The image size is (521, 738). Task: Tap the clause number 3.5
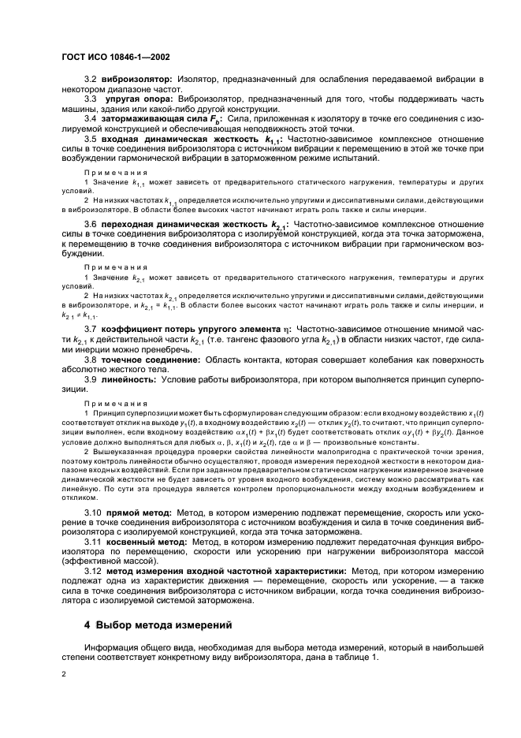[x=90, y=138]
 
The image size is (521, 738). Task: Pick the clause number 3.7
[x=90, y=328]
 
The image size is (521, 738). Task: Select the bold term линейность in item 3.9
[x=128, y=379]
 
